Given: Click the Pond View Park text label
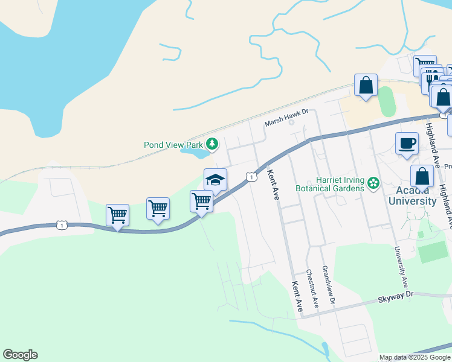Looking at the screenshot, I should tap(173, 145).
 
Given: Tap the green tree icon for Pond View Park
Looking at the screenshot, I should tap(211, 144).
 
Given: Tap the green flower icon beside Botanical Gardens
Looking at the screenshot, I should tap(373, 182).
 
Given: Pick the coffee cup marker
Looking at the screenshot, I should tap(407, 144).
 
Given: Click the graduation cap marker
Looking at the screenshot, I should tap(215, 180).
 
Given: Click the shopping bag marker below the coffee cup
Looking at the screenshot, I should tap(422, 176).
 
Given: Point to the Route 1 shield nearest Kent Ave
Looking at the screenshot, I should tap(251, 177).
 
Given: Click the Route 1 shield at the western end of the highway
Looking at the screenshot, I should tap(61, 225).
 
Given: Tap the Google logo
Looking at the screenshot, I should tap(20, 355).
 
